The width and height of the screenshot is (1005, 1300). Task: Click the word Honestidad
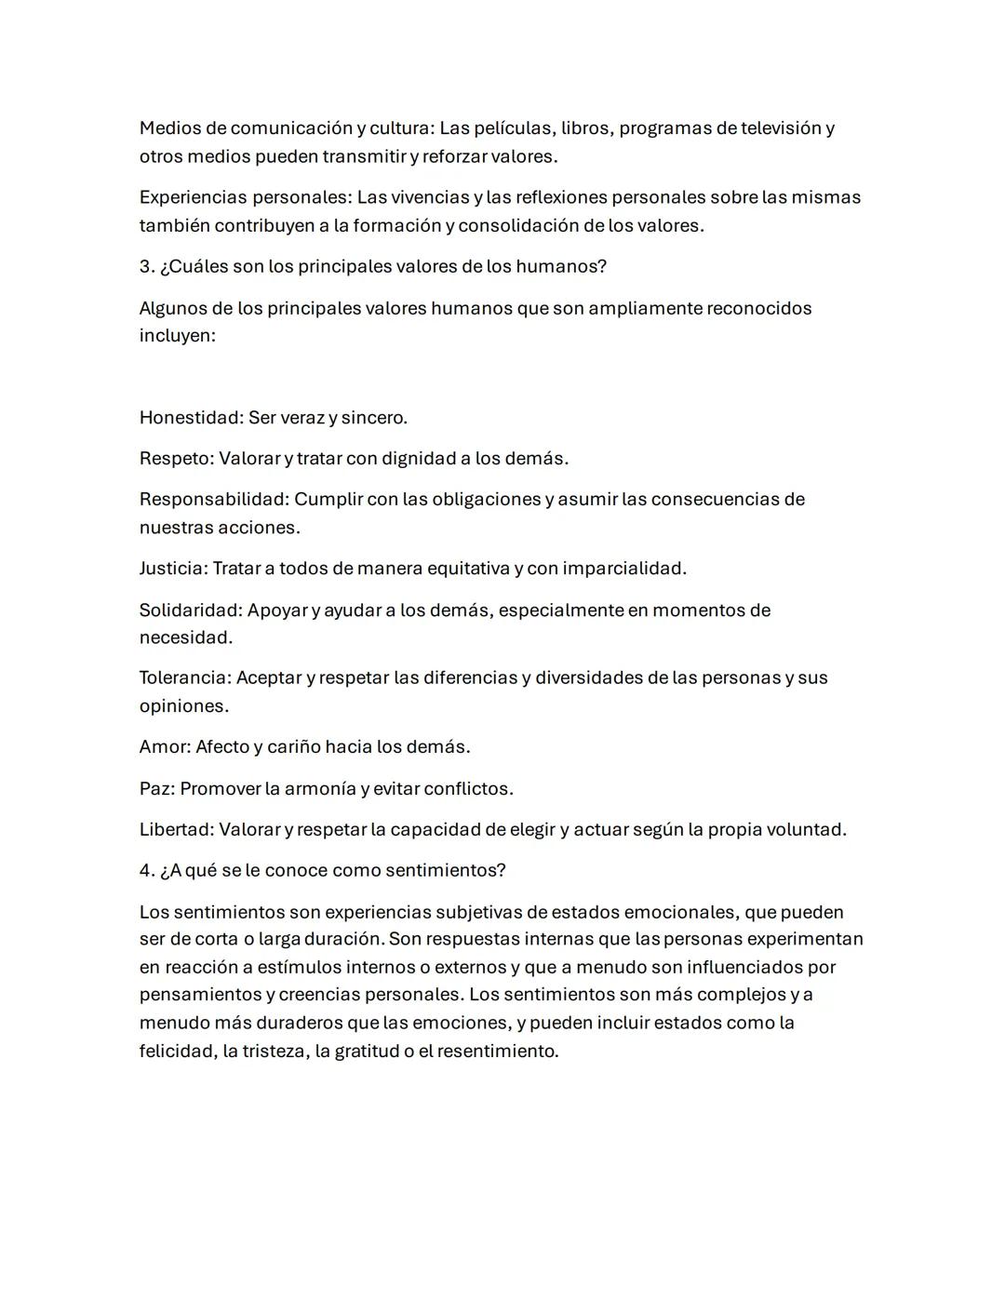click(x=190, y=418)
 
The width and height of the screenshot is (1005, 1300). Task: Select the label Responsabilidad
click(x=213, y=500)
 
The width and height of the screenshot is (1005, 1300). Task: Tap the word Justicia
click(x=172, y=569)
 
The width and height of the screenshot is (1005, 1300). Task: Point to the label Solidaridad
click(x=191, y=610)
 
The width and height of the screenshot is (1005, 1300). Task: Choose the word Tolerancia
click(x=184, y=678)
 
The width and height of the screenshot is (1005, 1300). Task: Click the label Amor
click(x=164, y=747)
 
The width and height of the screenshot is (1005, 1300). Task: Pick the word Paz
click(x=156, y=789)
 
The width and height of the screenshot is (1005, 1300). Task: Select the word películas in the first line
click(x=514, y=128)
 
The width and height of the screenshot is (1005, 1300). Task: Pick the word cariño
click(x=292, y=747)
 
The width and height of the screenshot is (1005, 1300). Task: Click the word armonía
click(x=319, y=789)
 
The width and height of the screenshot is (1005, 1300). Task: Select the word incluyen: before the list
click(x=177, y=336)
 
